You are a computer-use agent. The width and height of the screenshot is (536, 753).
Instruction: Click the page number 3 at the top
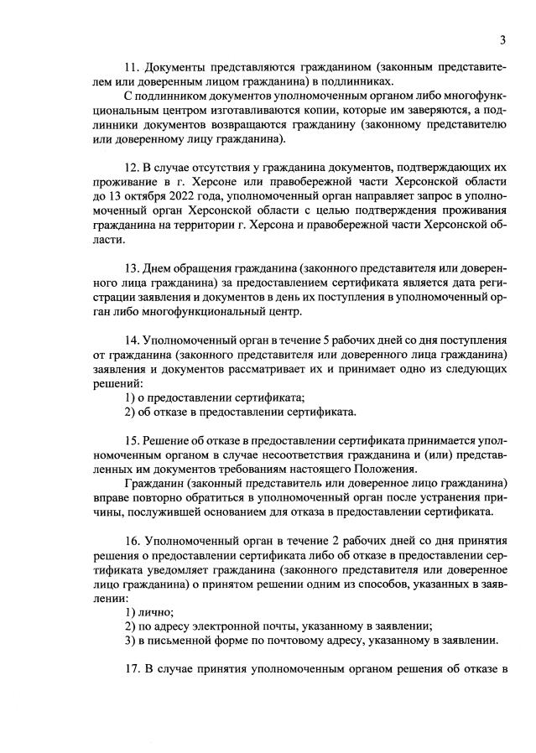click(x=502, y=39)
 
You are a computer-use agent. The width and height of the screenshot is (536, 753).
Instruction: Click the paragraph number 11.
click(x=131, y=67)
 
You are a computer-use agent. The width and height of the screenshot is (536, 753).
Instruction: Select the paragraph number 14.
click(x=131, y=341)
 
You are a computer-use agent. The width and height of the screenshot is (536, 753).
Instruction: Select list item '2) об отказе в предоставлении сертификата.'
click(x=240, y=413)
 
